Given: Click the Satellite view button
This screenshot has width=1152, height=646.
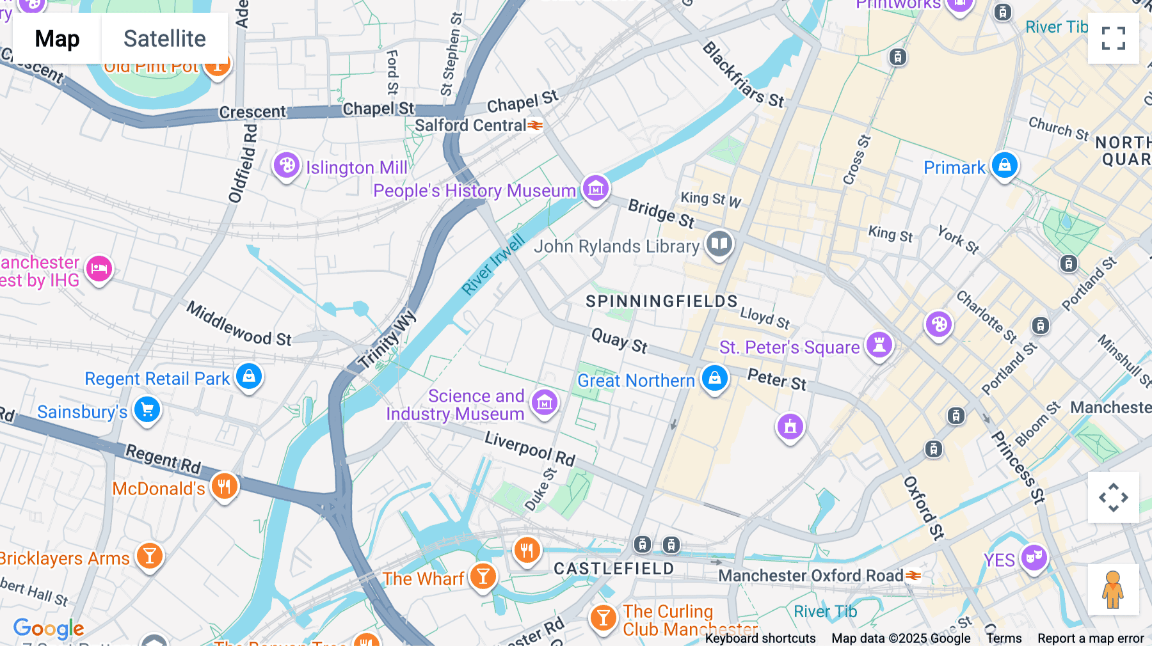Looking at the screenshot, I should pyautogui.click(x=164, y=38).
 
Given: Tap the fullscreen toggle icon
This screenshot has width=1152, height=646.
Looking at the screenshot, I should pyautogui.click(x=1113, y=38).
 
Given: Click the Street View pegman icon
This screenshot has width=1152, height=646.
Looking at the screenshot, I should pyautogui.click(x=1113, y=589).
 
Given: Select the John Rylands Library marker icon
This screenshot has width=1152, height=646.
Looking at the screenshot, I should pyautogui.click(x=719, y=244).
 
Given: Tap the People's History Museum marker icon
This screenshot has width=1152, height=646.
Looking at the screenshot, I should pyautogui.click(x=595, y=189).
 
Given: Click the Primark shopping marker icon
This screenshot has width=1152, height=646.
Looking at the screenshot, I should pyautogui.click(x=1004, y=166).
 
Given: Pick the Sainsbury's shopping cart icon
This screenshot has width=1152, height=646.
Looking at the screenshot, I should pyautogui.click(x=147, y=409).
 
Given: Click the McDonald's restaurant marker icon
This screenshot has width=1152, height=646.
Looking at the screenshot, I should pyautogui.click(x=224, y=487).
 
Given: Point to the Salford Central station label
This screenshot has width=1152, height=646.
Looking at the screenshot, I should pyautogui.click(x=470, y=125).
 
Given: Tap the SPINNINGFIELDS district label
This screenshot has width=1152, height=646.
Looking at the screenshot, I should pyautogui.click(x=662, y=301).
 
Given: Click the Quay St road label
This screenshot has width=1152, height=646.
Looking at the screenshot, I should pyautogui.click(x=619, y=340).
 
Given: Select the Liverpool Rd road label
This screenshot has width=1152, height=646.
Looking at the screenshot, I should pyautogui.click(x=529, y=448).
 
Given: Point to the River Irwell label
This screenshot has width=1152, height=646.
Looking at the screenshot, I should pyautogui.click(x=493, y=265).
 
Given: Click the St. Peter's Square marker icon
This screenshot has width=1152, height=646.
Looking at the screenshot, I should pyautogui.click(x=879, y=345).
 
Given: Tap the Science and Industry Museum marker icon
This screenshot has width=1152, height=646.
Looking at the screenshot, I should pyautogui.click(x=545, y=402).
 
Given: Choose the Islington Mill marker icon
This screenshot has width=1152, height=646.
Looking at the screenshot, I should pyautogui.click(x=286, y=166).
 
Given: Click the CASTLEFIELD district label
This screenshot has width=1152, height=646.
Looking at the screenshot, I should pyautogui.click(x=613, y=569).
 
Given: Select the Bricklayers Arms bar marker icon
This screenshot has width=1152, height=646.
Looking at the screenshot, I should pyautogui.click(x=149, y=556).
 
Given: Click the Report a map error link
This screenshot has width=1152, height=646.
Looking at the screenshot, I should pyautogui.click(x=1090, y=638).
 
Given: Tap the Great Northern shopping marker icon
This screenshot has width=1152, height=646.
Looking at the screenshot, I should pyautogui.click(x=714, y=378).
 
